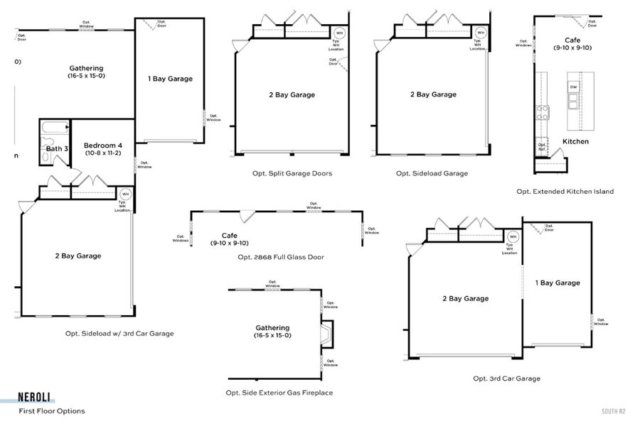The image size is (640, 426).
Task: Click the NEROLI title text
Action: [34, 398]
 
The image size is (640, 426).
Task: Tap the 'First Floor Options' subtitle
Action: [52, 411]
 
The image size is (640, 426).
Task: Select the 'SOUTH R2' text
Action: [612, 411]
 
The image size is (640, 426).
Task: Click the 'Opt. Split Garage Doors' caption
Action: [292, 173]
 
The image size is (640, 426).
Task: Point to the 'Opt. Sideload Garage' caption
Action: [432, 173]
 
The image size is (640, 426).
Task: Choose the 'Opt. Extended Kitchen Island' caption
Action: [565, 192]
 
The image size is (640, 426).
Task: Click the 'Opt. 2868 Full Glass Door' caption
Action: [281, 257]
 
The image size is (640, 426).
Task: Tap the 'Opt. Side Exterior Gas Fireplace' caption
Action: [279, 393]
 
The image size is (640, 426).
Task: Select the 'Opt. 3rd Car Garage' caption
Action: [506, 378]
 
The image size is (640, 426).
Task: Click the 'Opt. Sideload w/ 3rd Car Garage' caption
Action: [119, 333]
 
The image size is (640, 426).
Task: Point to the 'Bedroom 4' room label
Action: [103, 146]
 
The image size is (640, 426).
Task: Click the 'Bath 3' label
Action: [57, 148]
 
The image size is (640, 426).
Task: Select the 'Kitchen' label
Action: [575, 141]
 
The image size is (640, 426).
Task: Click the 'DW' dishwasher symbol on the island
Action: [573, 87]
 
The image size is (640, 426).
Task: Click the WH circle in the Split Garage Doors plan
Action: [339, 33]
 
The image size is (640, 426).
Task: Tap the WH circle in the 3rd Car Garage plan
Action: [513, 237]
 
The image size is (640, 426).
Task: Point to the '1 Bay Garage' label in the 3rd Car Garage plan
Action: [558, 283]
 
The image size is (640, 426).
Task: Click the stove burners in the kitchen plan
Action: [542, 111]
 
